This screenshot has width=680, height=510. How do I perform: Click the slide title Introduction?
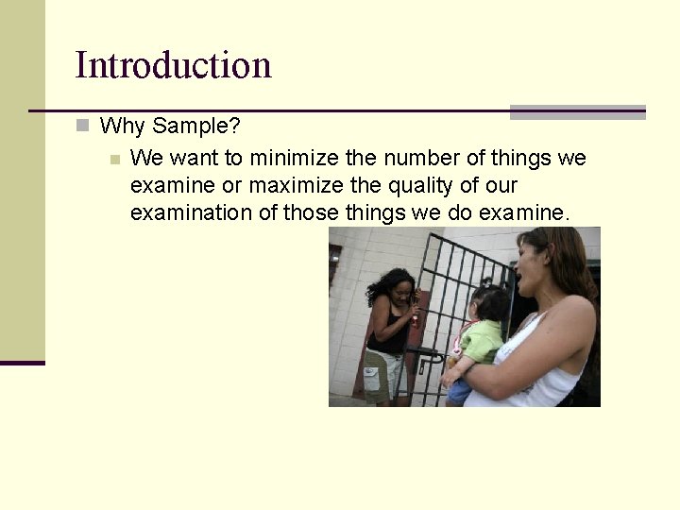tap(173, 65)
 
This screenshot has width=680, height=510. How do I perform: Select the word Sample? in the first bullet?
tap(196, 126)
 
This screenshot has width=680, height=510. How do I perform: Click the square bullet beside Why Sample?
tap(83, 125)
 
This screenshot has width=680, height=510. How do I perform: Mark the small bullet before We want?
tap(114, 158)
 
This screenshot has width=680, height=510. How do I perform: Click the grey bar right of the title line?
tap(577, 112)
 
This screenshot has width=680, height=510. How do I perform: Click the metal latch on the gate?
tap(426, 357)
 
